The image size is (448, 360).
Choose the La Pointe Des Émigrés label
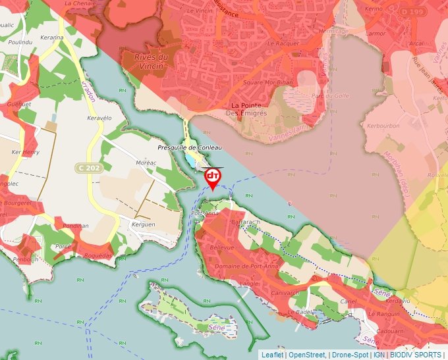tap(246, 109)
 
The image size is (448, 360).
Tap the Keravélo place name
tap(100, 118)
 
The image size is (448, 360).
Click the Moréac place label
tap(146, 162)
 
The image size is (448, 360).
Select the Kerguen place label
tap(143, 224)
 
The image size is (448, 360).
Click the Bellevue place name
tap(221, 247)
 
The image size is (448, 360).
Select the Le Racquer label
tap(287, 43)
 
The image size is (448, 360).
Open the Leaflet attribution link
tap(272, 355)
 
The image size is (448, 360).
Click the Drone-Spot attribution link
tap(350, 355)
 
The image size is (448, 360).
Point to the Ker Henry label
tap(26, 152)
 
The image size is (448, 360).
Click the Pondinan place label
tap(75, 226)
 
